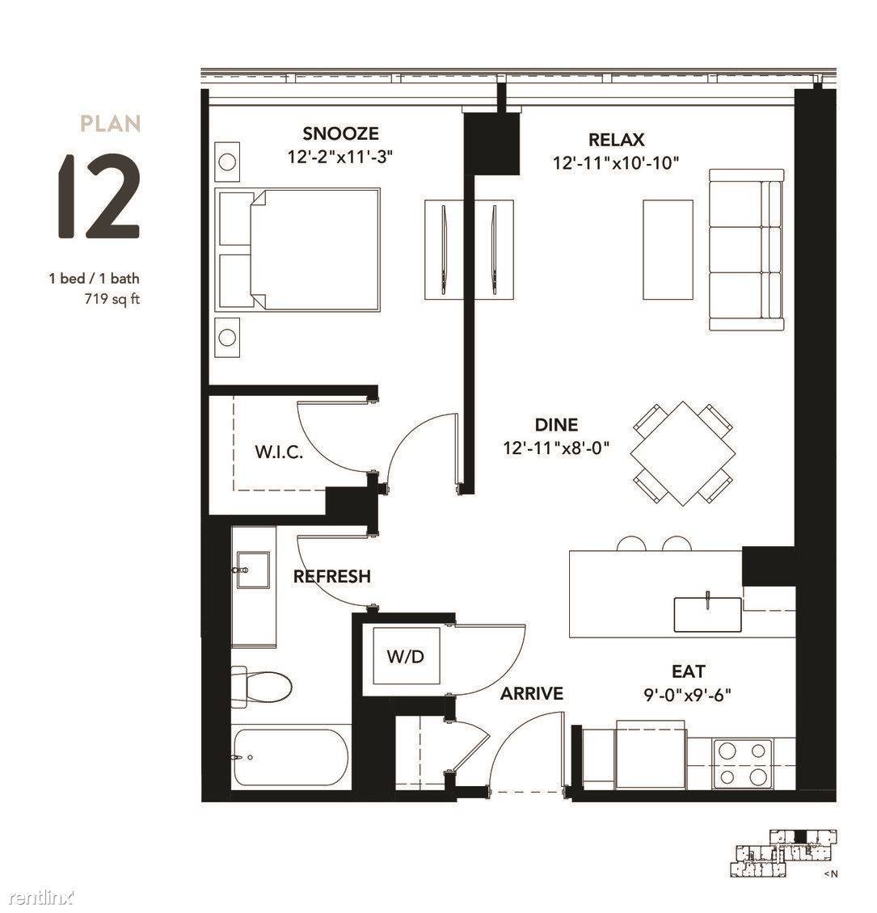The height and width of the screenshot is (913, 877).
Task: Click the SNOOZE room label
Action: coord(340,134)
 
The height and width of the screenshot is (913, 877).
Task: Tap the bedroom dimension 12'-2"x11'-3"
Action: coord(340,158)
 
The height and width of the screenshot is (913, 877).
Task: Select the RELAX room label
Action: coord(616,140)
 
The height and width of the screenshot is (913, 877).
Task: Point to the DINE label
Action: coord(556,424)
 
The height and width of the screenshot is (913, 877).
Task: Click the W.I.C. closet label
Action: coord(279,452)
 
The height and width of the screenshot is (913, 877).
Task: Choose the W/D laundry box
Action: coord(407,656)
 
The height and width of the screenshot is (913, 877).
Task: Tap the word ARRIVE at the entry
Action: coord(532,693)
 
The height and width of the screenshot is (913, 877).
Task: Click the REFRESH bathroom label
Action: coord(332,576)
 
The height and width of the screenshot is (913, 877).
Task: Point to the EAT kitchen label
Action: coord(689,671)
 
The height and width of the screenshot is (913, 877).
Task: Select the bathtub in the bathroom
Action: coord(291,758)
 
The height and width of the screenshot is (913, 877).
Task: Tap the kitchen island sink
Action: coord(707,614)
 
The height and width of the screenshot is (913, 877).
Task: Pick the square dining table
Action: coord(682,453)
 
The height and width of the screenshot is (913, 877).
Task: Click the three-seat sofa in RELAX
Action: coord(746,250)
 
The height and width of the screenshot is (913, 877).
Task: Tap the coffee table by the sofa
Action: coord(668,250)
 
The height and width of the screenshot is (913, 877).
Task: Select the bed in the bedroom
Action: coord(297,250)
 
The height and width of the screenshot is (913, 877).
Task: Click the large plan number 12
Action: coord(99,197)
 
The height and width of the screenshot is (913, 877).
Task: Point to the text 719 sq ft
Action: coord(112,300)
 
